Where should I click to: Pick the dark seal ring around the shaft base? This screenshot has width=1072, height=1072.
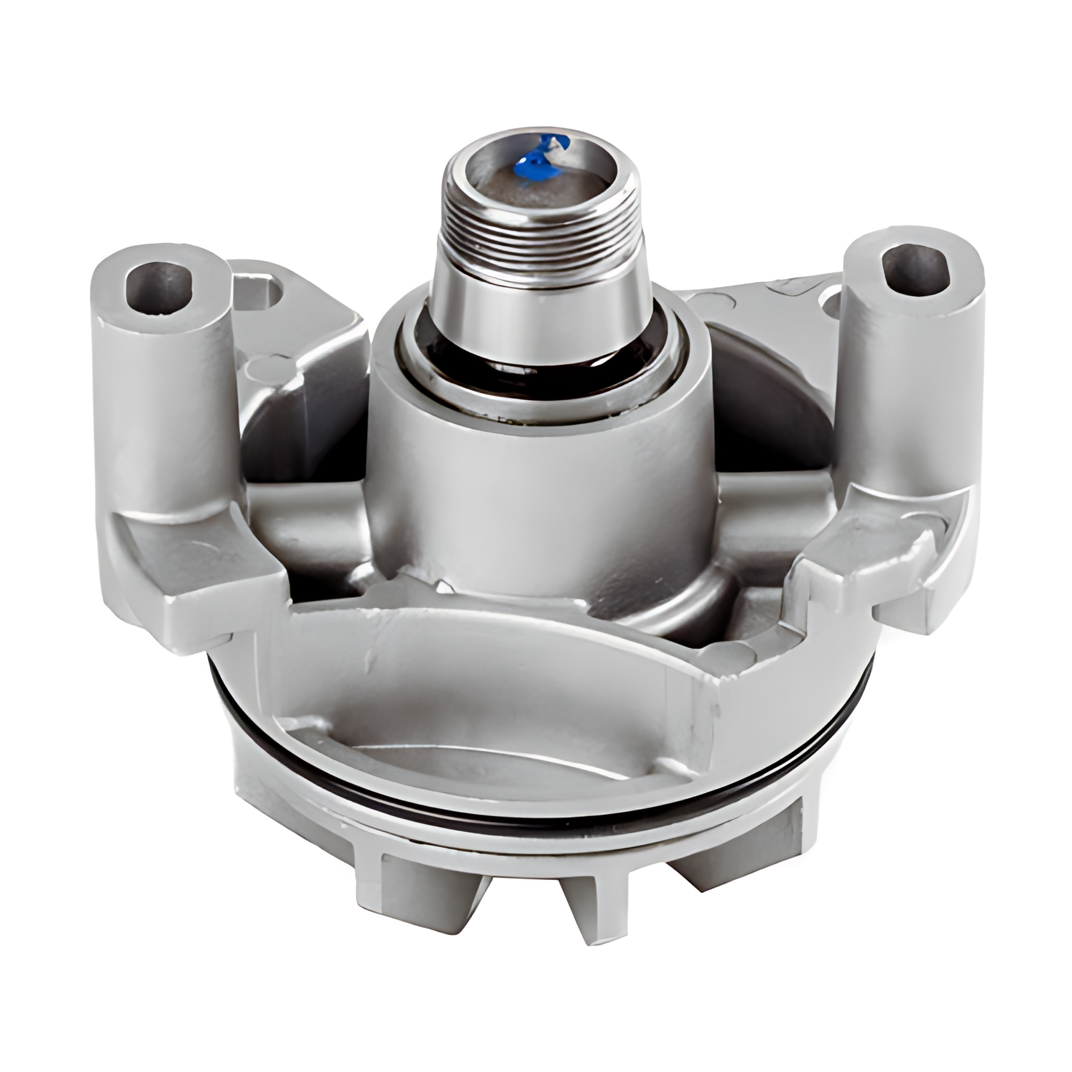pos(542,357)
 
